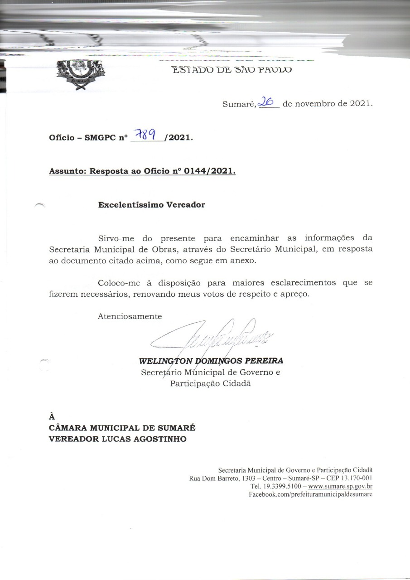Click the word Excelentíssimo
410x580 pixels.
tap(129, 204)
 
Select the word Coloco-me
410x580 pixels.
tap(119, 282)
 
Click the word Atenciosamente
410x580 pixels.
tap(130, 316)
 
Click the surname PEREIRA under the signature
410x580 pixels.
tap(264, 361)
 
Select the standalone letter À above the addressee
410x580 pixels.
tap(52, 416)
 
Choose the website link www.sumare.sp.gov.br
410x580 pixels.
tap(340, 486)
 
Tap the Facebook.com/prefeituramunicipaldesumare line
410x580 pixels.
tap(310, 494)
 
